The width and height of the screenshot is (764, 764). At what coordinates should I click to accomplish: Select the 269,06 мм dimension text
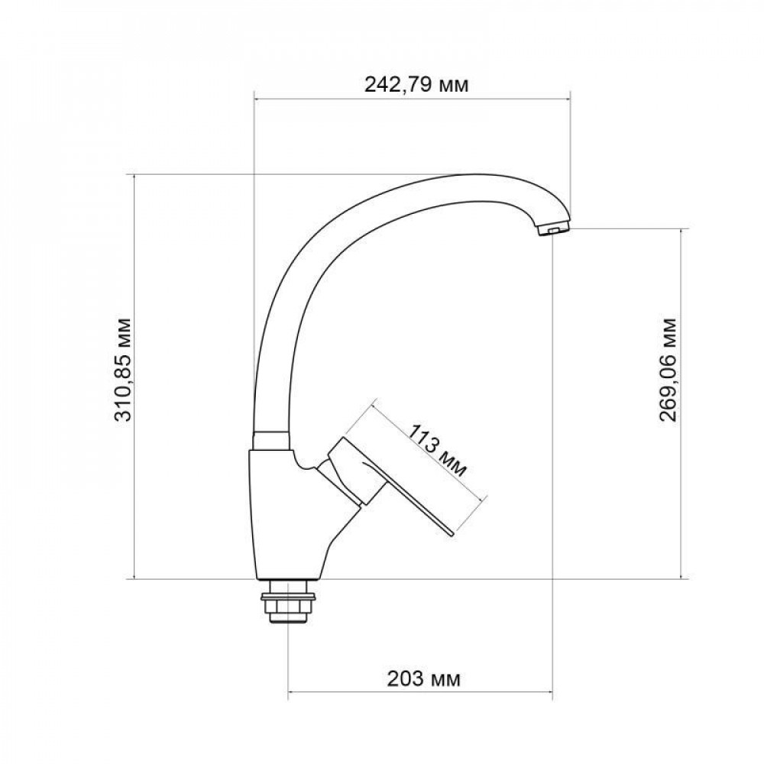click(x=667, y=367)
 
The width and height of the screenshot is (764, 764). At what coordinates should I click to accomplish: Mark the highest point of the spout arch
click(x=481, y=176)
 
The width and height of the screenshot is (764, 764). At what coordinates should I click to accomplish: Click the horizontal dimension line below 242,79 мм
click(x=413, y=98)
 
